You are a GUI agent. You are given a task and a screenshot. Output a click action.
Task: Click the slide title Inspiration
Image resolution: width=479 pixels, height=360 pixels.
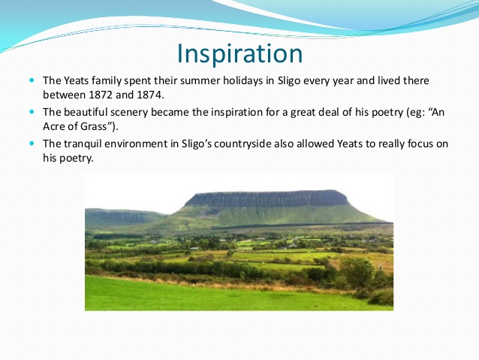click(x=239, y=53)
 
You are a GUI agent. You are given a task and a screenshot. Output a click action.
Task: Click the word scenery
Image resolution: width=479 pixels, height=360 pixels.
click(x=144, y=111)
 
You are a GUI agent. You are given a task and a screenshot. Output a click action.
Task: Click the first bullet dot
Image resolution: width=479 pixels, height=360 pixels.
click(x=32, y=79)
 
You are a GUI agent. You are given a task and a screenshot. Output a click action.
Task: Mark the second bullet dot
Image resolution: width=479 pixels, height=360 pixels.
click(x=32, y=110)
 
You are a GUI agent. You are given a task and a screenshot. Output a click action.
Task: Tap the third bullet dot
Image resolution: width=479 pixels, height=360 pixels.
click(x=32, y=142)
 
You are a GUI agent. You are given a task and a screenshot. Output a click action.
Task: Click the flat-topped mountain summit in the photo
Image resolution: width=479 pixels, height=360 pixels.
click(x=267, y=198)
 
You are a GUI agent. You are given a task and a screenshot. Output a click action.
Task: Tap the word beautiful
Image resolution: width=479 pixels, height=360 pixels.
click(x=92, y=111)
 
